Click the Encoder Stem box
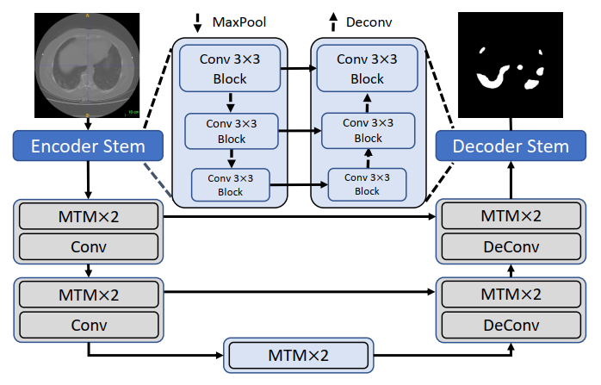coord(88,146)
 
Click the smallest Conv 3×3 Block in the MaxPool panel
coord(230,184)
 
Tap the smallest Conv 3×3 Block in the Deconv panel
coord(368,184)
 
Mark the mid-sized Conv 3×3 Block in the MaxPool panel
coord(232,130)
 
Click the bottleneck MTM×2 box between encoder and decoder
coord(298,355)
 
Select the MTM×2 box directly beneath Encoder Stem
coord(88,215)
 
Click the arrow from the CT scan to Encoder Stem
coord(88,124)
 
